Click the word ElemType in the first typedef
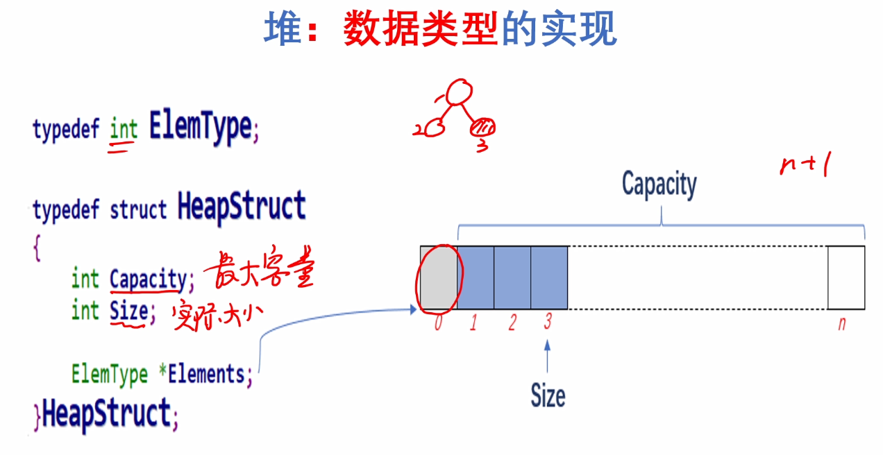point(200,128)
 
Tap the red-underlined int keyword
point(124,129)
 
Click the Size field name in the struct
point(128,311)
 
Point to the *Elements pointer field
point(206,375)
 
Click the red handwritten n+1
point(805,166)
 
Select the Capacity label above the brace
point(659,184)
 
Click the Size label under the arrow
point(548,396)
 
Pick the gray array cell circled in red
point(438,277)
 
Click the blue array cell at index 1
point(476,277)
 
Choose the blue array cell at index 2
point(512,277)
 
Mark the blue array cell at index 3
point(549,277)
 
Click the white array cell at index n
point(846,277)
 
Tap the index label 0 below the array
point(437,323)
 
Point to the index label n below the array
point(842,323)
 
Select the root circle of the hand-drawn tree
point(459,93)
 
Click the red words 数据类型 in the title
point(421,31)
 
